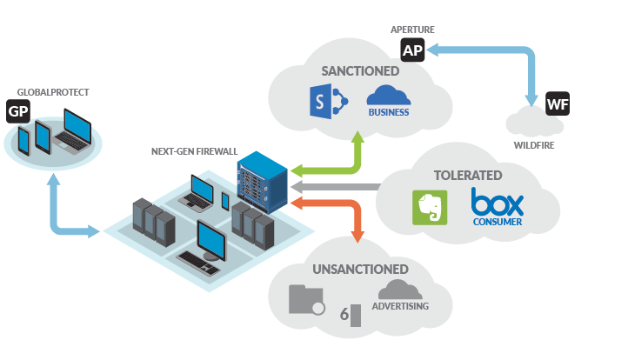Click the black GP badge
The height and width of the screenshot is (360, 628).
[18, 111]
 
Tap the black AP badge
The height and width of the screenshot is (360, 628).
[412, 50]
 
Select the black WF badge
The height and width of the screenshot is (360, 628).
[558, 103]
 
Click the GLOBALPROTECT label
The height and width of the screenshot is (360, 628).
[53, 92]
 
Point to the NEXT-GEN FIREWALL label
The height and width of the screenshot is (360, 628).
[194, 151]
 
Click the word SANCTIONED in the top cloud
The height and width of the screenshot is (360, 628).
[360, 71]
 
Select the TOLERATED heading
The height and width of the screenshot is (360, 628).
[468, 176]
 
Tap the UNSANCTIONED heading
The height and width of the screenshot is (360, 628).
[360, 269]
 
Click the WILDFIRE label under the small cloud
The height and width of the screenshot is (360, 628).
[534, 145]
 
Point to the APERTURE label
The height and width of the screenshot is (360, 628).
[412, 30]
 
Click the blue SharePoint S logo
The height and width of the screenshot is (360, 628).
[329, 102]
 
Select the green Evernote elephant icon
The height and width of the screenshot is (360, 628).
[430, 208]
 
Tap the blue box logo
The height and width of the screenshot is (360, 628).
[497, 203]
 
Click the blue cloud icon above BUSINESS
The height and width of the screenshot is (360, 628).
[389, 96]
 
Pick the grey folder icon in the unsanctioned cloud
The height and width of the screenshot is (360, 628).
[306, 299]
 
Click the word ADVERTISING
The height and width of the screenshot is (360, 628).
[400, 306]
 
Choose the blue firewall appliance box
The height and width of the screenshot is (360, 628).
[263, 183]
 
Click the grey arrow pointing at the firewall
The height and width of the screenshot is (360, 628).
[336, 187]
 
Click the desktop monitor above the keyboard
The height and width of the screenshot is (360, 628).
[211, 240]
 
